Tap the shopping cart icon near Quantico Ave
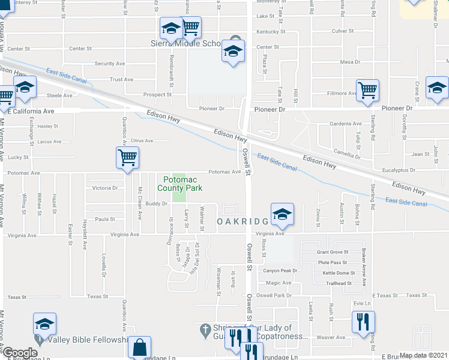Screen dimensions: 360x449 [127, 158]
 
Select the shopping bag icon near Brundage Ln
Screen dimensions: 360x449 [139, 346]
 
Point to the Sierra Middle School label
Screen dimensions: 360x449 [186, 43]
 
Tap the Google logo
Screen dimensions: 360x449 [20, 353]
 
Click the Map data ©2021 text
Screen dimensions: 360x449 [423, 355]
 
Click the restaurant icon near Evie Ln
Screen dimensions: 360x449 [363, 322]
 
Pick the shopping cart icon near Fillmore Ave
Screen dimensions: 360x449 [367, 91]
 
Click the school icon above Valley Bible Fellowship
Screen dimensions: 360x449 [45, 324]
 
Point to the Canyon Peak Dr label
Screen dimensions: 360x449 [281, 271]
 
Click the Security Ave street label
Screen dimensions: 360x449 [109, 64]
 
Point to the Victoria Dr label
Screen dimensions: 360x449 [105, 188]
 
